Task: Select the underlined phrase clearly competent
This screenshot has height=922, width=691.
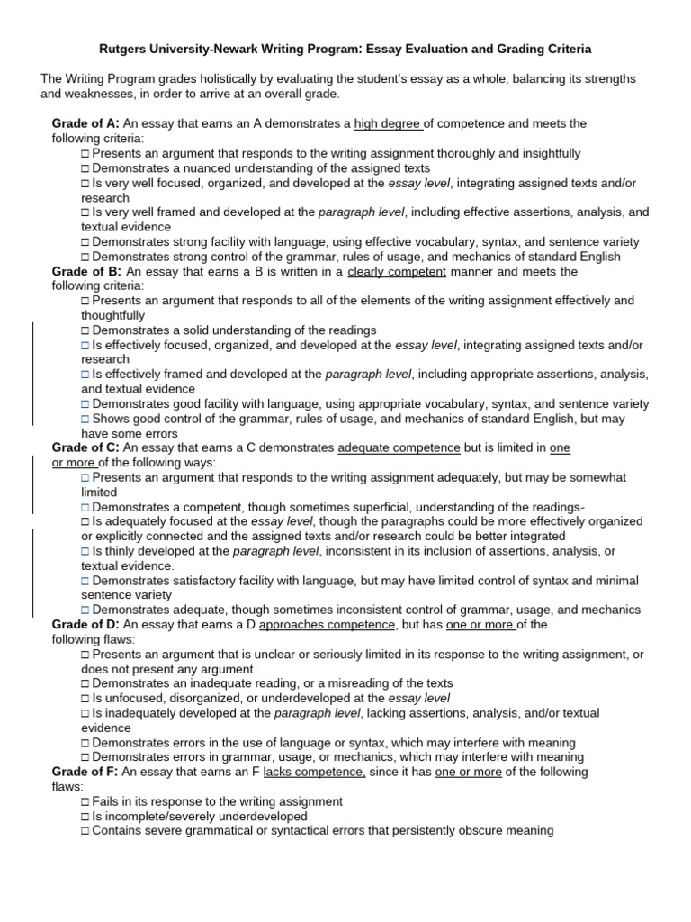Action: click(x=398, y=271)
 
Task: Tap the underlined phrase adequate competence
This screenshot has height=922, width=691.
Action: click(x=399, y=447)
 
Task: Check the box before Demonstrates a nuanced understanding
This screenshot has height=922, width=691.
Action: click(x=85, y=168)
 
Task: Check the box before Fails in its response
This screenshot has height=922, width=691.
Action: click(x=85, y=801)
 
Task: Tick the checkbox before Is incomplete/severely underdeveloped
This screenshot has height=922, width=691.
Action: click(x=85, y=816)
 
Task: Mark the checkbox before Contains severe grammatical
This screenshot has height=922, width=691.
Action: click(x=85, y=830)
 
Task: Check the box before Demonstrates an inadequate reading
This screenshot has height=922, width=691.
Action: click(x=85, y=683)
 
